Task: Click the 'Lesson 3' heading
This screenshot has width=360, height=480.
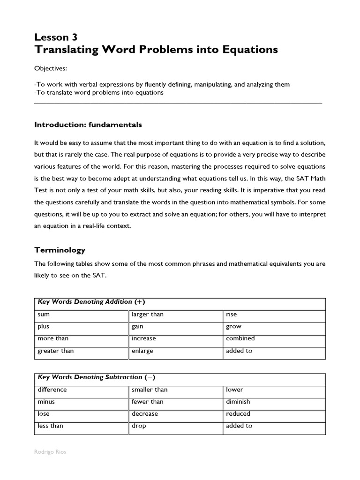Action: [56, 37]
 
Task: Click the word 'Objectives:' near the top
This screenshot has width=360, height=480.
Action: [51, 68]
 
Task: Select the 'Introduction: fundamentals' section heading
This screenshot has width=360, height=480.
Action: [88, 125]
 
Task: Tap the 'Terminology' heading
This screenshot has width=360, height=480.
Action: [60, 250]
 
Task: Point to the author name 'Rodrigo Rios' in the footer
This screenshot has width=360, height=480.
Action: [50, 452]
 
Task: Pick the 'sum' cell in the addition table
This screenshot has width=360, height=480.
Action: [43, 315]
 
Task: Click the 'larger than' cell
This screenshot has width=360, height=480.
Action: [148, 315]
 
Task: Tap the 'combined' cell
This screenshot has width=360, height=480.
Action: [240, 338]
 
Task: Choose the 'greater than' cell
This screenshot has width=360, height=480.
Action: [55, 351]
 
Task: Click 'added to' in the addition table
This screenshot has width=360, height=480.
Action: [239, 351]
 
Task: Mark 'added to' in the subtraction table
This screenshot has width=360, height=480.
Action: [239, 426]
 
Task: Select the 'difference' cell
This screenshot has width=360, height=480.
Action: [52, 390]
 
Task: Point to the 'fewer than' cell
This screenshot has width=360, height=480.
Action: [148, 402]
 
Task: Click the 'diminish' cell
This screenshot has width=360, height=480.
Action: [238, 402]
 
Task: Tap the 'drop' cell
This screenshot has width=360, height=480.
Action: [139, 426]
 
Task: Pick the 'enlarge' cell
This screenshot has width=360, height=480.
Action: [142, 351]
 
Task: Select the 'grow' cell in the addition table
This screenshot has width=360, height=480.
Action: [233, 326]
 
